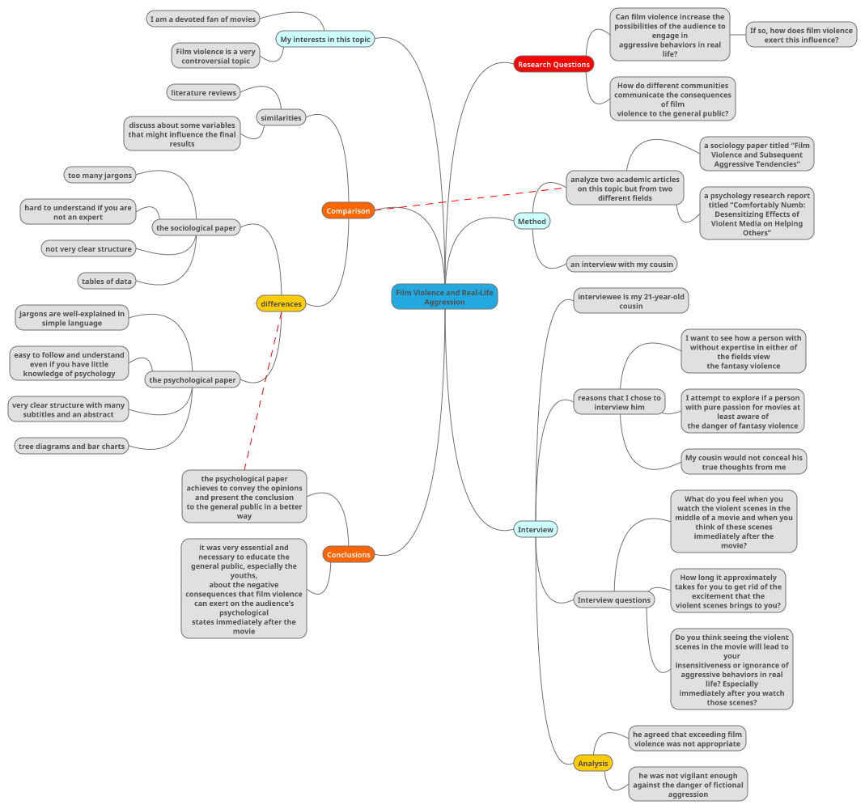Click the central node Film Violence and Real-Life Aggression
[444, 297]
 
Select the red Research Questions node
[553, 64]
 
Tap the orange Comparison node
[348, 211]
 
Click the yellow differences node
[281, 304]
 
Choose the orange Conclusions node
[348, 554]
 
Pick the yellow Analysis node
[592, 763]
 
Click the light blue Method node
[532, 221]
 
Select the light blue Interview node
[535, 529]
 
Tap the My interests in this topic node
[325, 39]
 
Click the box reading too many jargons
[100, 175]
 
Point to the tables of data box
[106, 281]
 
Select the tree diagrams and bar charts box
[71, 446]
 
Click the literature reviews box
[203, 92]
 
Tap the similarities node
[281, 117]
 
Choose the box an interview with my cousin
[621, 264]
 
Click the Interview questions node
[613, 599]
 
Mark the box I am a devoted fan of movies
[203, 19]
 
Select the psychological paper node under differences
[193, 379]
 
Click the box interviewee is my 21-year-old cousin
[630, 301]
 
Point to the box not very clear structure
[88, 248]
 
